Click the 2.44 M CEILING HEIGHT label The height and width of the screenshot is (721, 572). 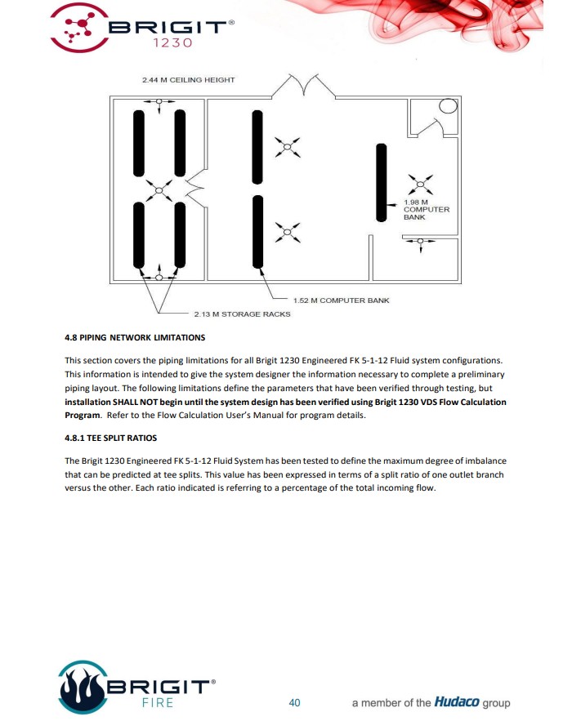(x=188, y=80)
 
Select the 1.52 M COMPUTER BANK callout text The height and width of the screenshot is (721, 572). (x=342, y=300)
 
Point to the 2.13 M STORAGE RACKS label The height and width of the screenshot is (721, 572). (x=242, y=314)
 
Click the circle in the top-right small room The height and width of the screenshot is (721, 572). (x=448, y=107)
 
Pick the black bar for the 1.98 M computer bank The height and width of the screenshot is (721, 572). (x=381, y=182)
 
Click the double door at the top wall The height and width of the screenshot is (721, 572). (x=303, y=85)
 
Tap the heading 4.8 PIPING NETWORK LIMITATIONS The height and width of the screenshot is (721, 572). (x=135, y=337)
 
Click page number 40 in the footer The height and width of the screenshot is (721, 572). (x=295, y=702)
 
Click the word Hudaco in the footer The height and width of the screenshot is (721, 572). (x=458, y=702)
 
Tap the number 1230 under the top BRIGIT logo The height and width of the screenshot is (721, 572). (x=172, y=42)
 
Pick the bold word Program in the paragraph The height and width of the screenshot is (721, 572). (x=83, y=414)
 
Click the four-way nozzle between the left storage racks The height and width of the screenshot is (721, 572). (x=159, y=191)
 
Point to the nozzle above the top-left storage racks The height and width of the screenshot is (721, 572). (x=159, y=100)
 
